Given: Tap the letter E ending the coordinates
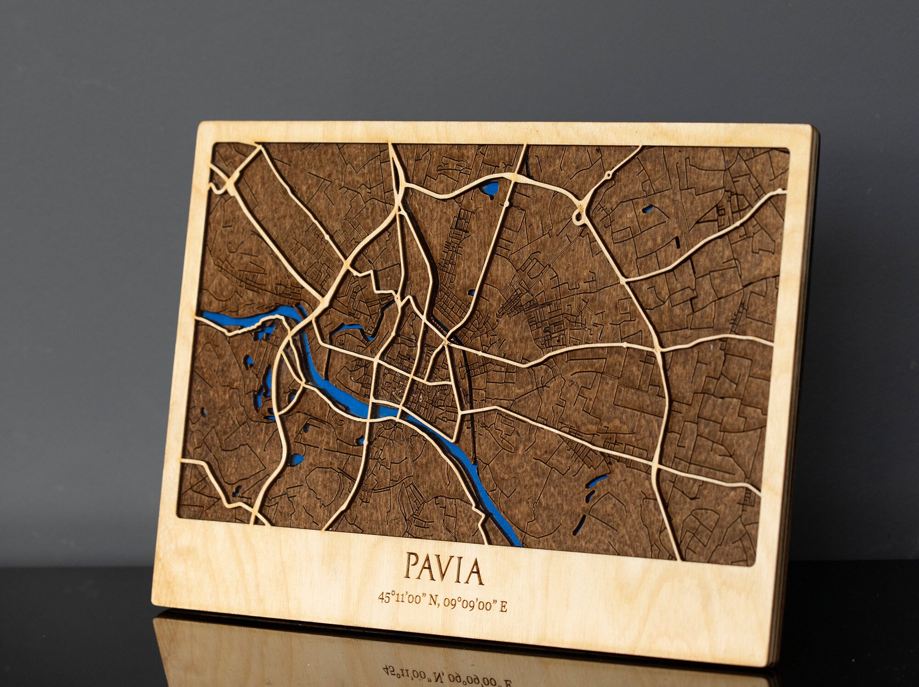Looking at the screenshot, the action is (504, 607).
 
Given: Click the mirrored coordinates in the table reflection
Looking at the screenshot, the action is (448, 674).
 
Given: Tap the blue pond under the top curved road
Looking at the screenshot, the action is (490, 188).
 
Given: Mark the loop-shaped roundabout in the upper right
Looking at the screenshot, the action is (579, 215).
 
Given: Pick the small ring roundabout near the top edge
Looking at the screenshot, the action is (609, 175).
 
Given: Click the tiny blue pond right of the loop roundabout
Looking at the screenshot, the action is (648, 209).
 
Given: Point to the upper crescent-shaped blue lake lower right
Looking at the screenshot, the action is (596, 481).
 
